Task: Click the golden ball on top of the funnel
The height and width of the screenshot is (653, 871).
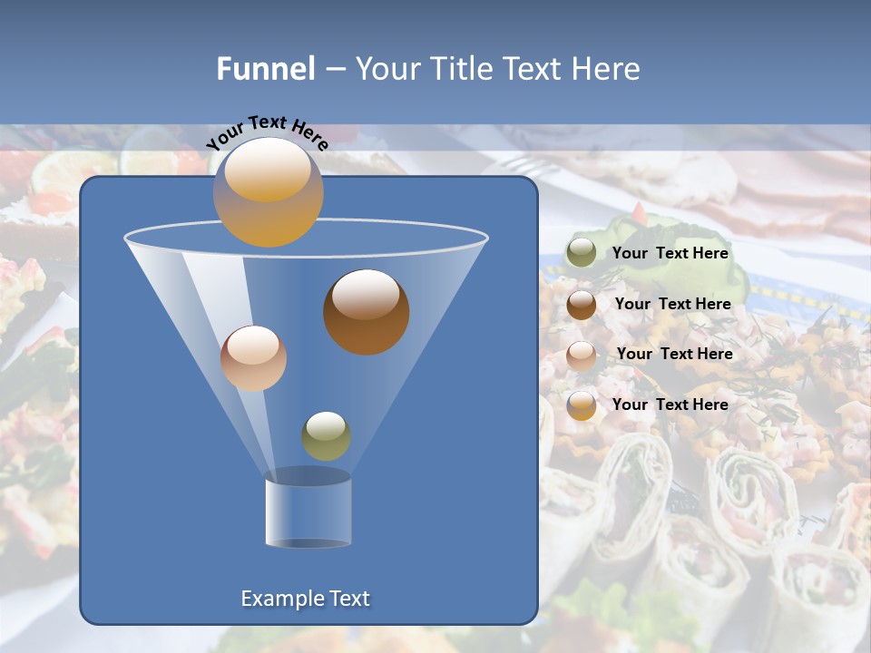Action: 269,192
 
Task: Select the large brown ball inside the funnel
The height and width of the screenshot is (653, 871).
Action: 366,312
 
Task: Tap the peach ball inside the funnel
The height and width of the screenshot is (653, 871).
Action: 253,358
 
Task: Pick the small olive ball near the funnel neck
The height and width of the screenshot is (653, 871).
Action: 326,436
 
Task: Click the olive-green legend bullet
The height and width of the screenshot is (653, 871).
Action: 582,253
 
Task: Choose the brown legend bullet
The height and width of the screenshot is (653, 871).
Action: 582,305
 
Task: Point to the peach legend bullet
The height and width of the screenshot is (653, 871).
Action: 582,356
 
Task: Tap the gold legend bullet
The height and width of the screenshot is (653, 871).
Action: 582,405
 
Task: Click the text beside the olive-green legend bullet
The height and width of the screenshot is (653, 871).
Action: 670,254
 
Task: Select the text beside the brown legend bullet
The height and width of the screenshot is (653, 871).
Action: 672,304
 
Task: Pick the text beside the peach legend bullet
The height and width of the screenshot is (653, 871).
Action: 674,354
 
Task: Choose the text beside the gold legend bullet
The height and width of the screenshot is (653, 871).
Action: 670,404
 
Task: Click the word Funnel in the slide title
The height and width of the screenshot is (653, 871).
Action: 266,69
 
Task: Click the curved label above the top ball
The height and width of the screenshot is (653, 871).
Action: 268,132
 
